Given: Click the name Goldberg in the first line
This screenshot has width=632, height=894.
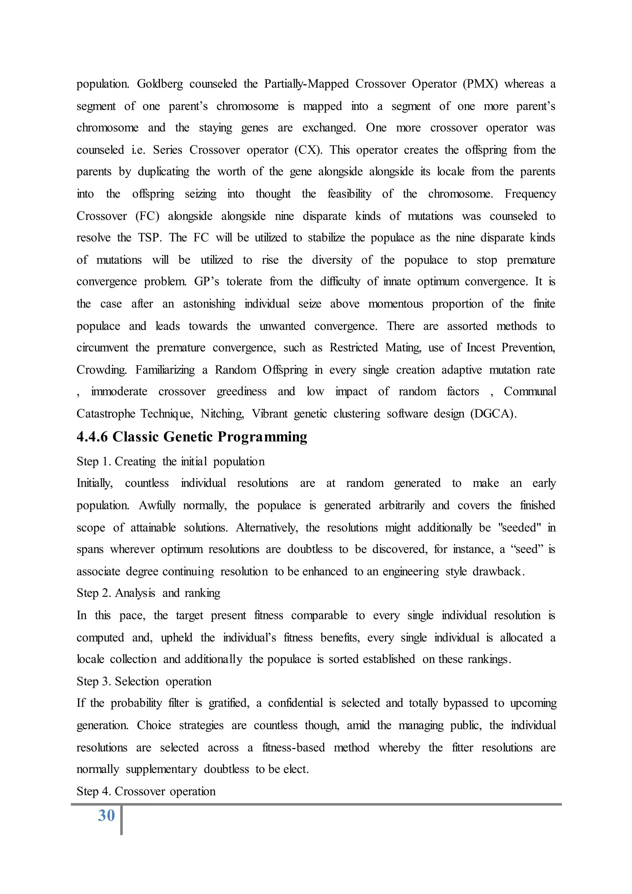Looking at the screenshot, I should [x=160, y=84].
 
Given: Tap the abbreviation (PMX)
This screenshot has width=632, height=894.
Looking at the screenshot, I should [x=480, y=84].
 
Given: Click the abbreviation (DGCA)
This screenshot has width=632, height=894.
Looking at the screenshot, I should [x=493, y=414].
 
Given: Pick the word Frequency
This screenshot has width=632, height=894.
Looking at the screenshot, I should [x=530, y=194].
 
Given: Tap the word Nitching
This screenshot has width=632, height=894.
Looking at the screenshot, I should [x=222, y=414].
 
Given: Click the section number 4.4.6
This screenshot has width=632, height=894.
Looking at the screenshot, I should [x=92, y=437].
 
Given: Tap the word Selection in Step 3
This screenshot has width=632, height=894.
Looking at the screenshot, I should [x=137, y=681].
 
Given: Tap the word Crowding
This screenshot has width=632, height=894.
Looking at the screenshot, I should [x=102, y=370].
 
